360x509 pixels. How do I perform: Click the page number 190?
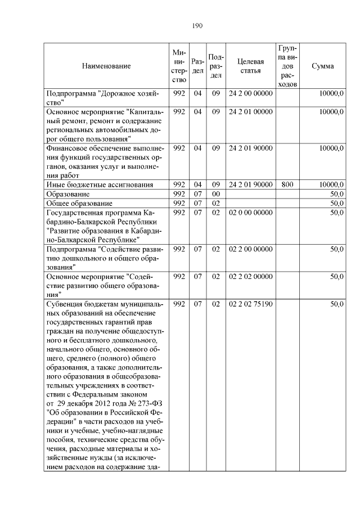click(197, 25)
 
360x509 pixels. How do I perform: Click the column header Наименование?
click(106, 66)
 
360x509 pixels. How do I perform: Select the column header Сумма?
click(322, 66)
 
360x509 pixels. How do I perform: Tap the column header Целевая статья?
click(251, 66)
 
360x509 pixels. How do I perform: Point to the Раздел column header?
click(197, 66)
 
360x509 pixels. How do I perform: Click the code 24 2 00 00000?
click(251, 93)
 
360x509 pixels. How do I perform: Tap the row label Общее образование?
click(79, 202)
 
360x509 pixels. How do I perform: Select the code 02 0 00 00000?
click(251, 212)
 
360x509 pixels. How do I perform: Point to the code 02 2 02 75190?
click(251, 304)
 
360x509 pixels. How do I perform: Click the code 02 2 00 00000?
click(251, 249)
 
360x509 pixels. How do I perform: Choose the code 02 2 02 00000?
click(251, 277)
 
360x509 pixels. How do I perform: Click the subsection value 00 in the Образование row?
click(215, 193)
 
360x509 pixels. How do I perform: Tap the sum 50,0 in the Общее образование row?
click(337, 202)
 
